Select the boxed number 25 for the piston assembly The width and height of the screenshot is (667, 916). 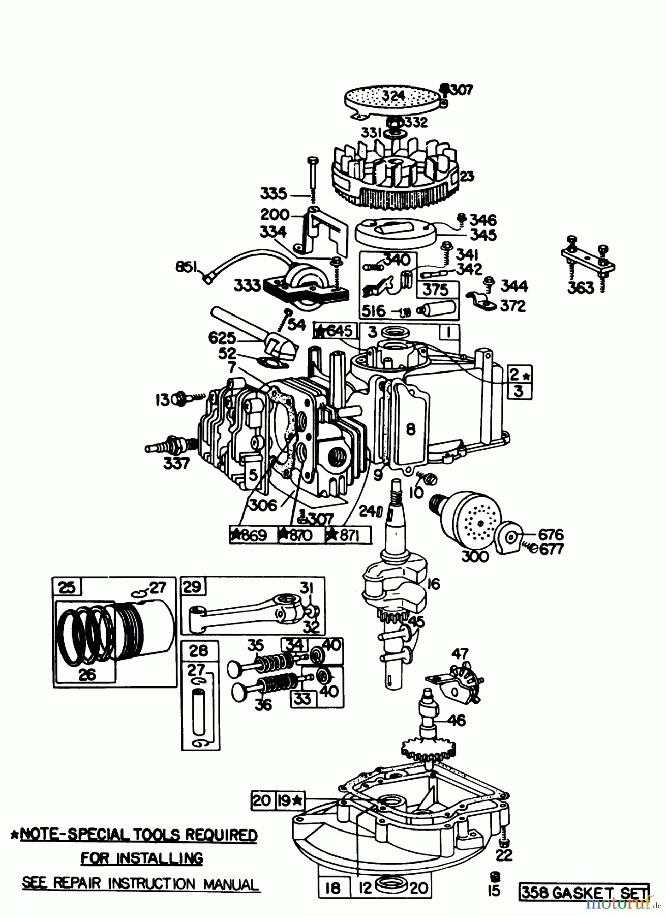click(67, 587)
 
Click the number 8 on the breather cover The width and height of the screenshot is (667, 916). click(410, 429)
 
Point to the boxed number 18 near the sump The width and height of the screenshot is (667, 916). click(332, 889)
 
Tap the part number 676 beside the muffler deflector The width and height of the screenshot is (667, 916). click(550, 534)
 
